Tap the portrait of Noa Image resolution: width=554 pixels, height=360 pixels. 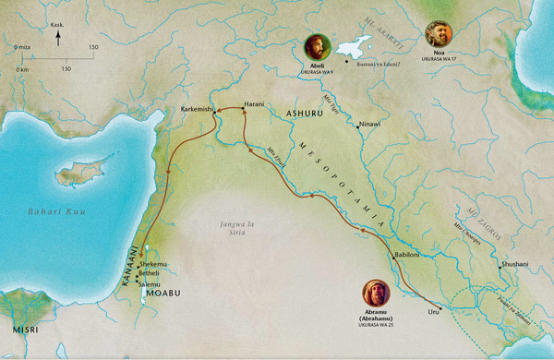438,34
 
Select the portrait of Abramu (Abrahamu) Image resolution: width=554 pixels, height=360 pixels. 376,293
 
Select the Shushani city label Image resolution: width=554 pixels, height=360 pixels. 515,264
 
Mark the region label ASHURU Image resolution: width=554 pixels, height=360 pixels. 306,113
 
